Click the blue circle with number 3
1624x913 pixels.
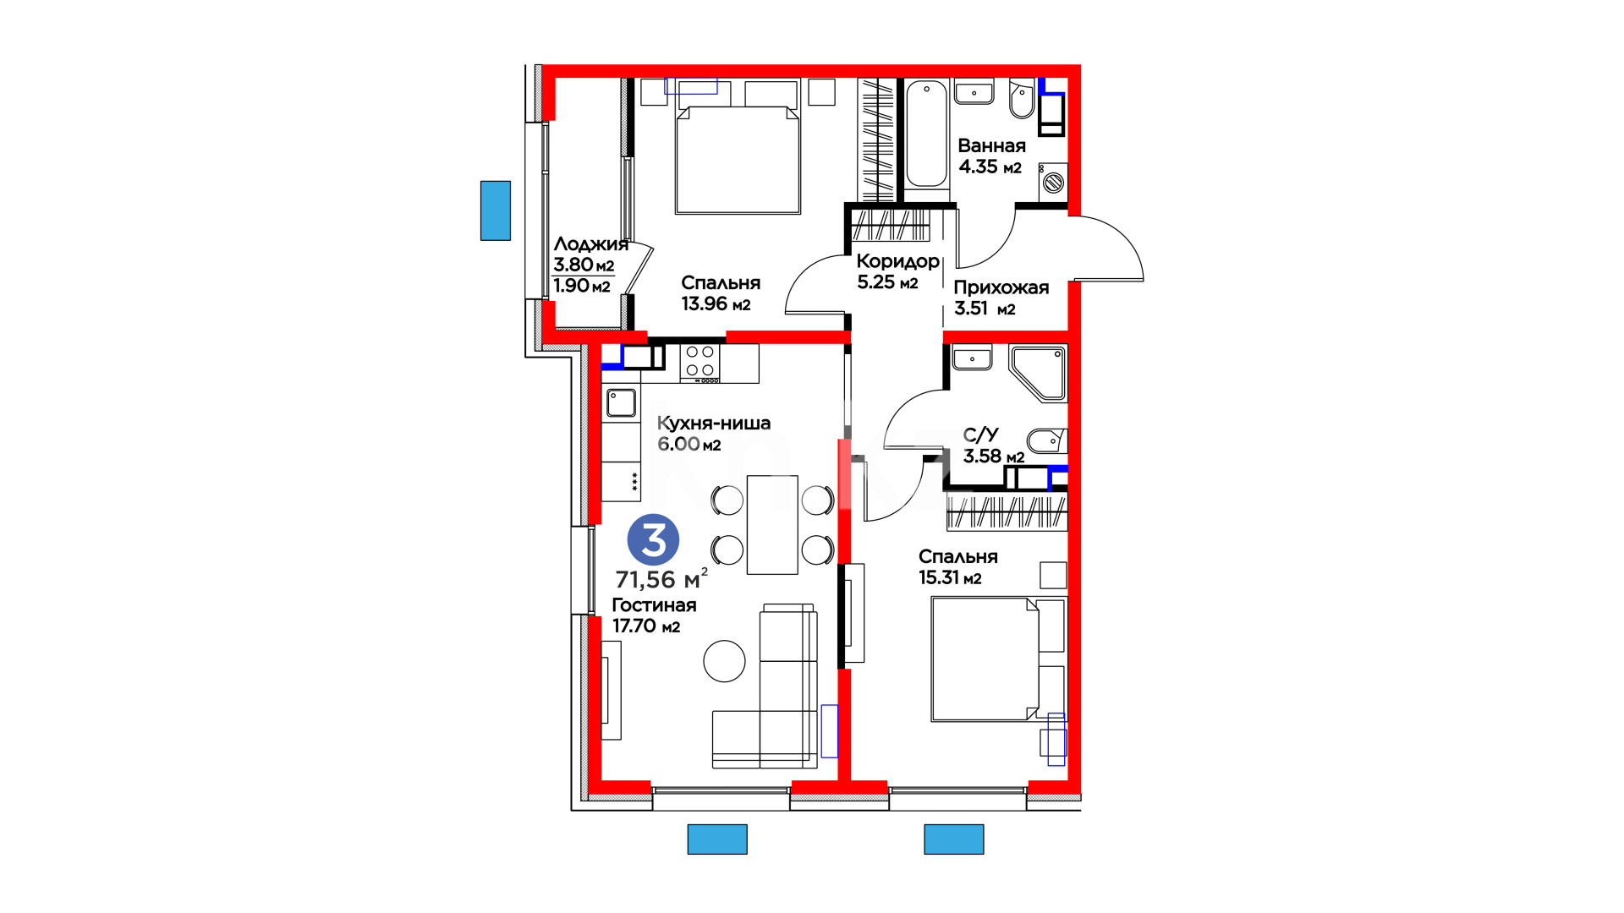coord(653,539)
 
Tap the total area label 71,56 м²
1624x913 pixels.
coord(661,579)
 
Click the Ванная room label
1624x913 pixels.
coord(991,145)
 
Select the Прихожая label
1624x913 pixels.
coord(1001,287)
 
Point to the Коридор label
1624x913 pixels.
coord(898,261)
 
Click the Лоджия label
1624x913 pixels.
coord(591,244)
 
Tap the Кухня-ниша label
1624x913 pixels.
coord(714,423)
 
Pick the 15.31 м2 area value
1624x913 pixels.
coord(950,577)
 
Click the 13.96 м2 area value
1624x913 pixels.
coord(716,303)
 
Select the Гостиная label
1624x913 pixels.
coord(655,605)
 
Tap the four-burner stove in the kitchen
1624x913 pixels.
coord(700,363)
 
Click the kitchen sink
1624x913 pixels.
coord(621,402)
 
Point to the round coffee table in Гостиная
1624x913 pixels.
coord(724,660)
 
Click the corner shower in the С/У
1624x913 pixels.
coord(1038,372)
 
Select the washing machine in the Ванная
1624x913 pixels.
coord(1053,181)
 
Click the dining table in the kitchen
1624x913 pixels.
coord(772,525)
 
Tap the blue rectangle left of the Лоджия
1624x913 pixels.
coord(496,210)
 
